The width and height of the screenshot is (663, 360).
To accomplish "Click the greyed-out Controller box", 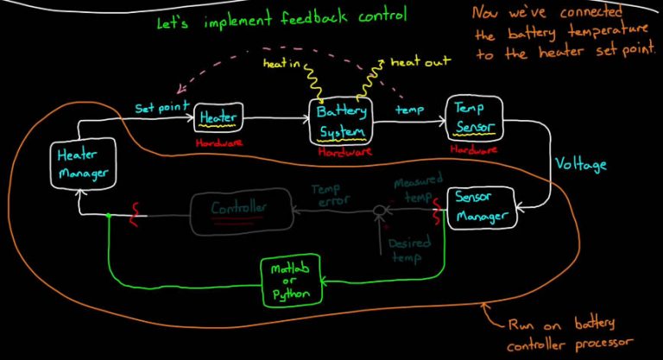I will [239, 208].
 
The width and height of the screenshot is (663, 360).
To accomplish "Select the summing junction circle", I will [377, 210].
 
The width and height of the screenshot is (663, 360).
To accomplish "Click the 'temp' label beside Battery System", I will [407, 110].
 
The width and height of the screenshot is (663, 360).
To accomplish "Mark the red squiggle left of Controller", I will [134, 212].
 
